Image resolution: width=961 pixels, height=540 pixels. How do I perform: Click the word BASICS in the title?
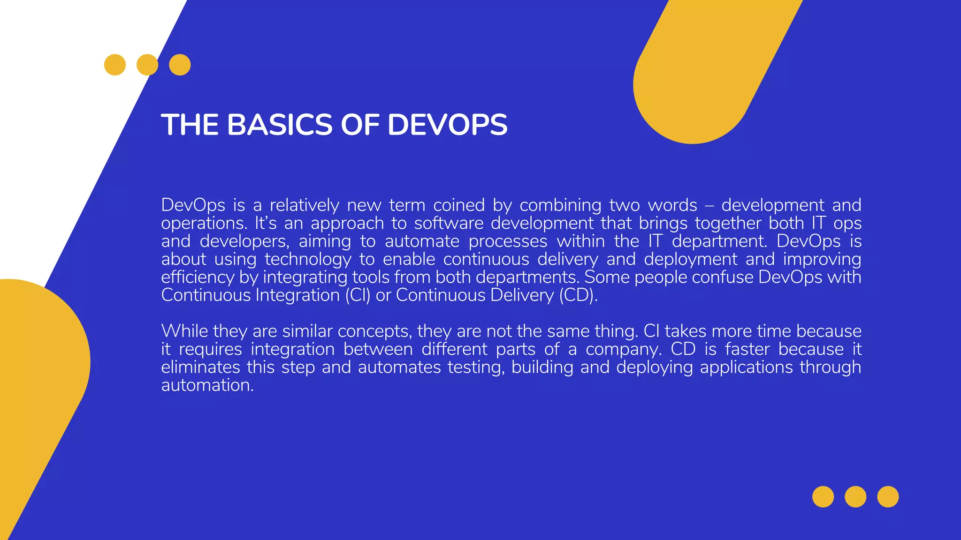coord(280,125)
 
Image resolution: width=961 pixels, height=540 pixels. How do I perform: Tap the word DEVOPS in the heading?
coord(447,125)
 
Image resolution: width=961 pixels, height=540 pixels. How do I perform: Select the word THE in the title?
coord(190,125)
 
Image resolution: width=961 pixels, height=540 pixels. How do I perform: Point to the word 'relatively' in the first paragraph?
coord(304,205)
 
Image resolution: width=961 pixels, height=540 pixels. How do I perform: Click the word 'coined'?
coord(458,205)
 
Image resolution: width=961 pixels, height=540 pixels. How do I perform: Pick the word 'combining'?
coord(560,205)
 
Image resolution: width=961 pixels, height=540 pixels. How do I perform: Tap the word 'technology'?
coord(308,259)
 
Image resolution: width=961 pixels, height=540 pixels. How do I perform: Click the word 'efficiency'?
coord(198,277)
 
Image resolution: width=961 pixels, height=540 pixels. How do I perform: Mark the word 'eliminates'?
coord(200,367)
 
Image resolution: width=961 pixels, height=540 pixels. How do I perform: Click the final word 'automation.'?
coord(207,385)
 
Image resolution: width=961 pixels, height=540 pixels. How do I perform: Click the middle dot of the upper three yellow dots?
coord(147,65)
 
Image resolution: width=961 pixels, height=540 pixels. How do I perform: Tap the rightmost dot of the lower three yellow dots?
coord(888,497)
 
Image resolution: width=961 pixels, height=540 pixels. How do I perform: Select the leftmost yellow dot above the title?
coord(115,65)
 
